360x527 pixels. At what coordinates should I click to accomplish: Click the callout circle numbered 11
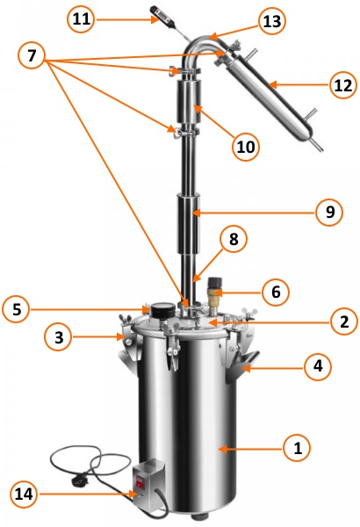(81, 18)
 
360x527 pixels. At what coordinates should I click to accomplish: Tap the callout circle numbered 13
(272, 21)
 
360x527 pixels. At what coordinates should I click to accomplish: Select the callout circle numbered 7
(32, 54)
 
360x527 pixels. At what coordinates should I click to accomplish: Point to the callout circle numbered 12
(343, 85)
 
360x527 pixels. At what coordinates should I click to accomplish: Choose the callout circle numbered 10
(246, 147)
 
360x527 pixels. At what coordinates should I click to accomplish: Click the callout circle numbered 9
(330, 212)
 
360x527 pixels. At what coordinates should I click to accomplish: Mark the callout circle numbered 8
(234, 239)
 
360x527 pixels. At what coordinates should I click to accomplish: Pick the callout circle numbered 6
(276, 292)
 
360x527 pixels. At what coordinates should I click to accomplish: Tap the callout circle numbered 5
(16, 309)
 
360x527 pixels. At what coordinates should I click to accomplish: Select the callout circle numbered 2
(344, 321)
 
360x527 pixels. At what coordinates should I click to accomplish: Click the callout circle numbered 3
(59, 336)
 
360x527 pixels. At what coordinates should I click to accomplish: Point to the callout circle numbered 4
(318, 365)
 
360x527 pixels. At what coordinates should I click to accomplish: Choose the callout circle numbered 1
(297, 448)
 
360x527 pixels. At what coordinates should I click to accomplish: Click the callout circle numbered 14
(24, 494)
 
